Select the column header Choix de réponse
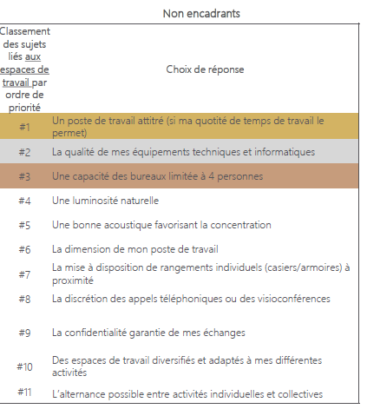pos(205,69)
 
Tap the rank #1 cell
pos(24,127)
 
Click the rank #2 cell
pos(24,152)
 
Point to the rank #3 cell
pos(24,176)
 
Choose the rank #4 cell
pos(24,201)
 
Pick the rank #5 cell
pos(24,225)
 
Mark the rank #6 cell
pos(24,249)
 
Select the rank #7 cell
pos(24,274)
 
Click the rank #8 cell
pos(24,299)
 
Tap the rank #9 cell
pos(24,332)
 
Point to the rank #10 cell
pos(24,366)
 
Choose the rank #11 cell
pos(24,393)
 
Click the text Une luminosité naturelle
pos(105,201)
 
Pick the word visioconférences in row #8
pos(292,299)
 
